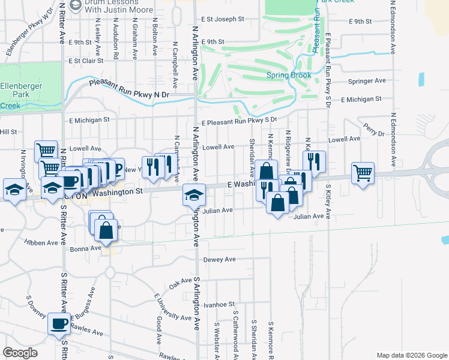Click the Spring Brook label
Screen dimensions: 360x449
click(x=289, y=76)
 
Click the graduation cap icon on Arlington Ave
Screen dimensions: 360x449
click(x=194, y=195)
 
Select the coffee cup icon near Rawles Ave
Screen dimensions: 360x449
click(x=58, y=324)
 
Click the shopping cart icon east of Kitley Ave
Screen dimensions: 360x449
click(x=363, y=173)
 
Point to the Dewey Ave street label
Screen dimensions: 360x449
click(x=220, y=260)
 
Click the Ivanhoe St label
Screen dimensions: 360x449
click(x=218, y=305)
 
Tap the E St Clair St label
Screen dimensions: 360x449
click(x=86, y=61)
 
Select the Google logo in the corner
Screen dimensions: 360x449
click(x=20, y=353)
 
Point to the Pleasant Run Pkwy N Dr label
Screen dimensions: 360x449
click(x=129, y=90)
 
